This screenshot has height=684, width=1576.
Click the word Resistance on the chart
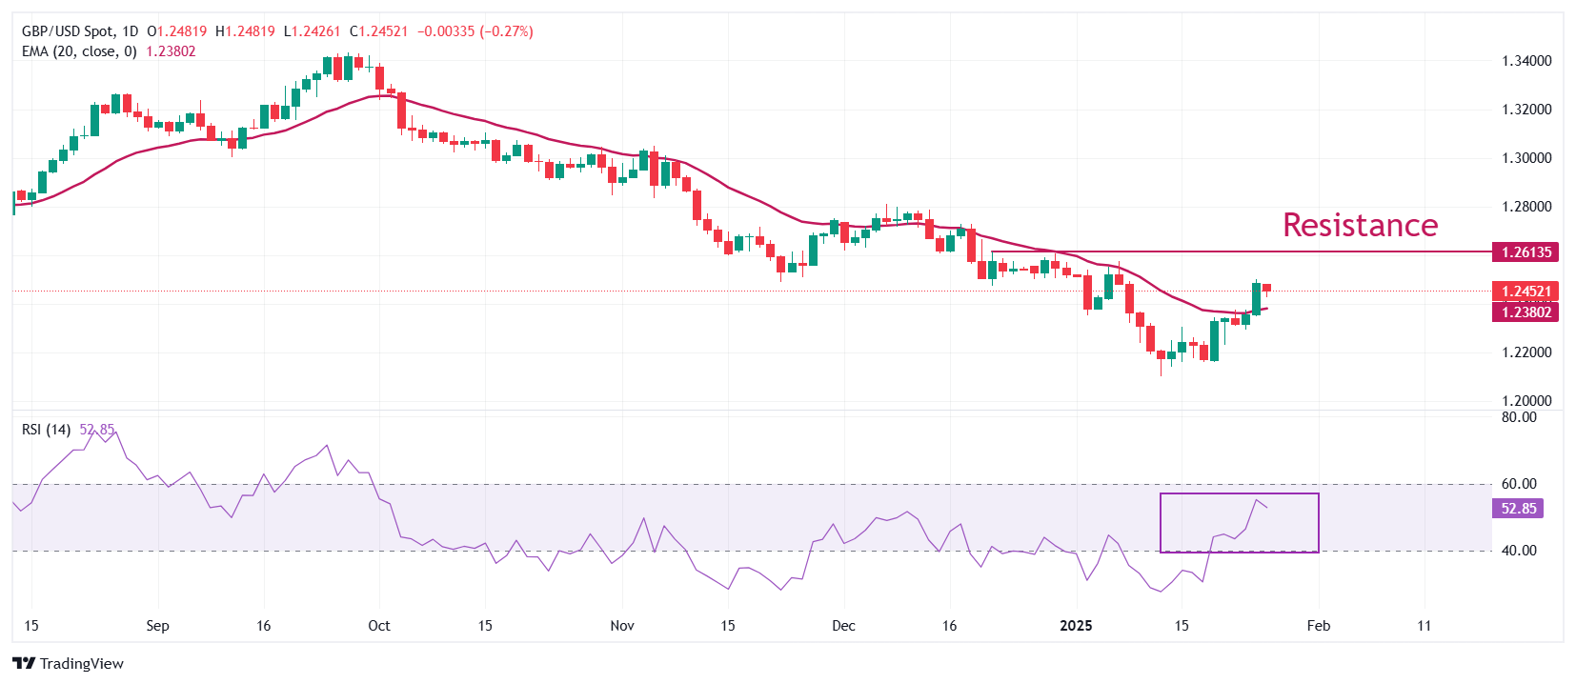pos(1360,225)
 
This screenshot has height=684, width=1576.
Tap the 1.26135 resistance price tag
pos(1526,252)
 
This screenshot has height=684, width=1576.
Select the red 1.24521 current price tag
pos(1526,292)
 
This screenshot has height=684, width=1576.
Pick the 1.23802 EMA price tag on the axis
pos(1526,312)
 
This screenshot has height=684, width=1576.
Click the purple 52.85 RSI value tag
pos(1518,509)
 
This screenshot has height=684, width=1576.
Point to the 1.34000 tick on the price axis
pos(1526,61)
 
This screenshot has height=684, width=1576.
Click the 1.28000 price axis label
pos(1526,207)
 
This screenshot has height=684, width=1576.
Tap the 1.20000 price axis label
pos(1526,401)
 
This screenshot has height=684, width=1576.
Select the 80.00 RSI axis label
pos(1519,417)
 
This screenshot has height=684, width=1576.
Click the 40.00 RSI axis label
pos(1519,551)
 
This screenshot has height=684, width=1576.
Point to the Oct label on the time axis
pos(379,626)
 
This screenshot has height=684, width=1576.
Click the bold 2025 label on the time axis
pos(1077,626)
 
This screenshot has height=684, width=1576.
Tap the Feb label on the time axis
pos(1319,626)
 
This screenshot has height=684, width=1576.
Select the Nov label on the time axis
pos(622,626)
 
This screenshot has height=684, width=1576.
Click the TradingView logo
pos(69,664)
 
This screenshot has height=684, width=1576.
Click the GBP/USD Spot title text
pos(68,31)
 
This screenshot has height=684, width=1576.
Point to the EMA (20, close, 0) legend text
pos(79,51)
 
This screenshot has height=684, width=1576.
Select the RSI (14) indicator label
pos(46,430)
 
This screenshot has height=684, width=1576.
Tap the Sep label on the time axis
pos(157,626)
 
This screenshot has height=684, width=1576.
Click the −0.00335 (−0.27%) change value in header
pos(475,31)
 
